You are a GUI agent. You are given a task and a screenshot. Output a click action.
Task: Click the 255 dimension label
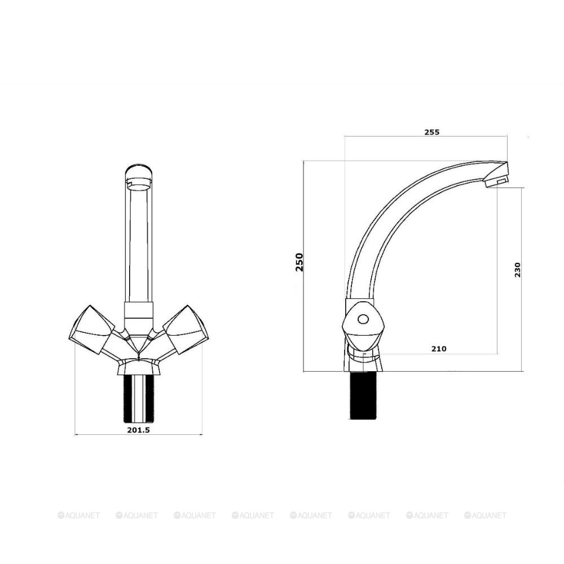tap(431, 132)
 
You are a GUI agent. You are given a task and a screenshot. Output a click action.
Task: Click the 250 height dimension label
tap(299, 262)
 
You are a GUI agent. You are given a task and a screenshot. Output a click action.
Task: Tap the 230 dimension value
tap(517, 270)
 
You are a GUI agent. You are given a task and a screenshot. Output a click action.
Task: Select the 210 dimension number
tap(439, 349)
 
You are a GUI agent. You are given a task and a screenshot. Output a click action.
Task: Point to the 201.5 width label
tap(139, 430)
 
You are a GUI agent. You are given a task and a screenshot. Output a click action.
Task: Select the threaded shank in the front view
tap(139, 398)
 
